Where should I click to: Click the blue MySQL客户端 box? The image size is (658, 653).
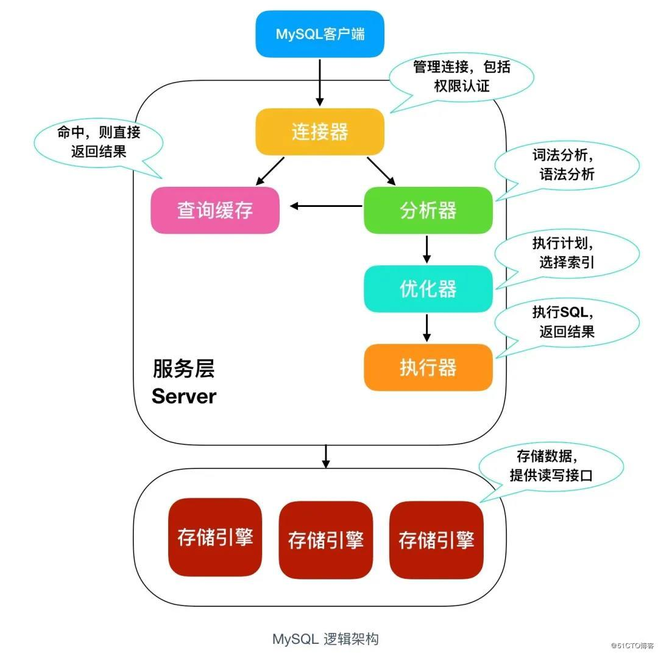[x=320, y=33]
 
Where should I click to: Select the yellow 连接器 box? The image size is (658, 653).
[x=320, y=132]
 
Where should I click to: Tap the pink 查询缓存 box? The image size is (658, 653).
[x=215, y=210]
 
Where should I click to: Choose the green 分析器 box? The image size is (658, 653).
[x=428, y=210]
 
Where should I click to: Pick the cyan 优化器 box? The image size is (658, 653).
[x=428, y=288]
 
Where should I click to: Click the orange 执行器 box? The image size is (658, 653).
[x=428, y=367]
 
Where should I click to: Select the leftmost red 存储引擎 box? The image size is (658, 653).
[x=215, y=537]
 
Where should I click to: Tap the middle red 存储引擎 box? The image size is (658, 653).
[x=325, y=540]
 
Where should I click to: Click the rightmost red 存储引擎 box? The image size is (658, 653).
[x=436, y=540]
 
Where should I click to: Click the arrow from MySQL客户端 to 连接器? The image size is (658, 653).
[x=320, y=82]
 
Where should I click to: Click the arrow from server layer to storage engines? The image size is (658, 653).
[x=326, y=456]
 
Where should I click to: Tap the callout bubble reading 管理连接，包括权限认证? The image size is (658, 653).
[x=461, y=76]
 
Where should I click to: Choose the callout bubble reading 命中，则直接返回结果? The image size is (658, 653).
[x=98, y=142]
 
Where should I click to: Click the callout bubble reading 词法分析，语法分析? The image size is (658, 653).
[x=567, y=165]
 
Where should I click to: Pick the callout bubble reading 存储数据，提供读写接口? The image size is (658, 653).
[x=551, y=466]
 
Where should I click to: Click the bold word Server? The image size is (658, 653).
[x=184, y=396]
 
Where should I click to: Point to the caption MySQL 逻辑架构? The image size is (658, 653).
[x=325, y=639]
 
